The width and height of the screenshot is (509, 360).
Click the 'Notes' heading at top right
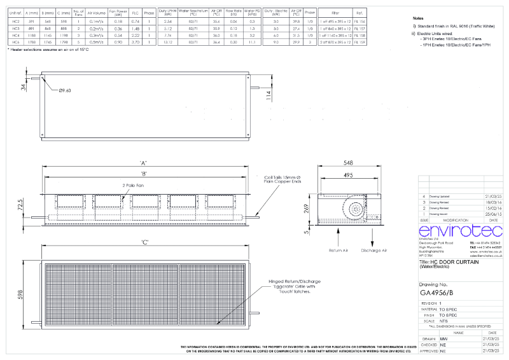tap(419, 20)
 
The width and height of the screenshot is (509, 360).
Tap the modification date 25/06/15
tap(492, 214)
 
